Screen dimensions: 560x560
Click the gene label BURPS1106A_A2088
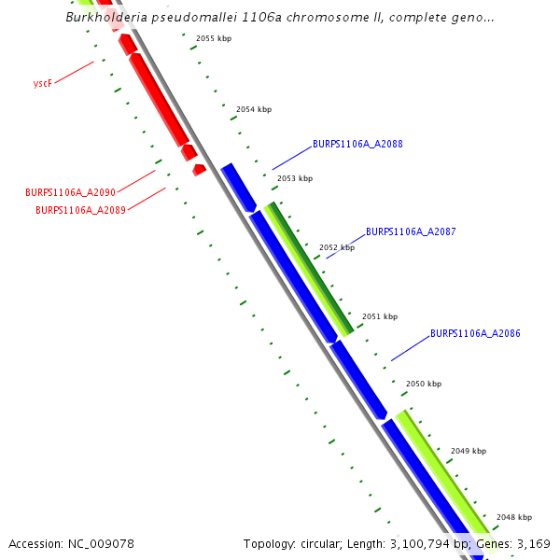pyautogui.click(x=357, y=145)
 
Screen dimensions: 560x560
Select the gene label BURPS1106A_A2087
pyautogui.click(x=411, y=231)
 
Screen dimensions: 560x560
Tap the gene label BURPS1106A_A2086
pyautogui.click(x=475, y=333)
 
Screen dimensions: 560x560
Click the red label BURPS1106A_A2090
pyautogui.click(x=70, y=192)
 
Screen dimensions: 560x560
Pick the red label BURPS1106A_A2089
pyautogui.click(x=80, y=210)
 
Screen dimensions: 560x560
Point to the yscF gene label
pyautogui.click(x=41, y=83)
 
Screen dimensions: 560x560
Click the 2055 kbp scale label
pyautogui.click(x=214, y=38)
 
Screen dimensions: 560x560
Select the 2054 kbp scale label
pyautogui.click(x=254, y=109)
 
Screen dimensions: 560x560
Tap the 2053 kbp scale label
pyautogui.click(x=295, y=178)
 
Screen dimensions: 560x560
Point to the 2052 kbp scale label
pyautogui.click(x=337, y=247)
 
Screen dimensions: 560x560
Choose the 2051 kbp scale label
pyautogui.click(x=380, y=316)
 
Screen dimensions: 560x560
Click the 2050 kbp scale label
pyautogui.click(x=424, y=384)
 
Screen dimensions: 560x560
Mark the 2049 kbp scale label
pyautogui.click(x=469, y=451)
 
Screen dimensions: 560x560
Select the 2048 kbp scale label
pyautogui.click(x=514, y=517)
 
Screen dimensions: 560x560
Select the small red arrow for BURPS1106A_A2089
pyautogui.click(x=198, y=170)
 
